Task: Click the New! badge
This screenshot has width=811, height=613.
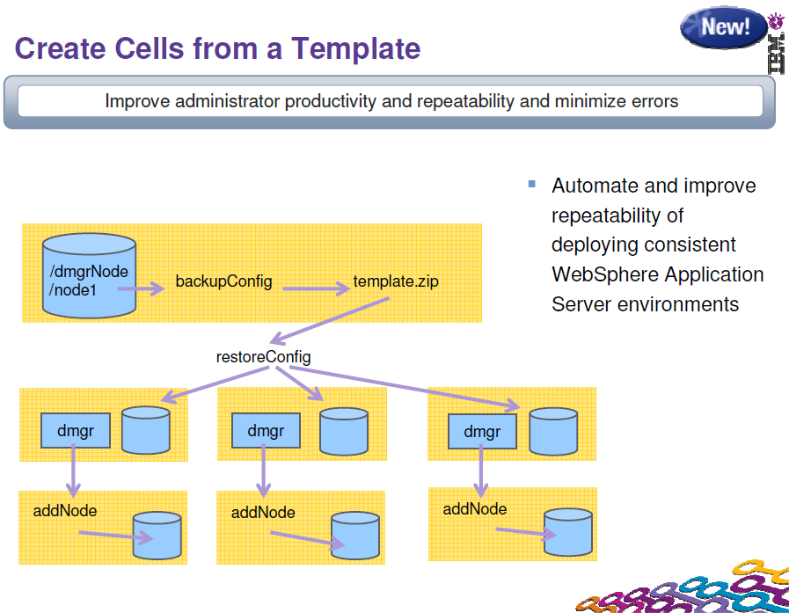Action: pos(723,27)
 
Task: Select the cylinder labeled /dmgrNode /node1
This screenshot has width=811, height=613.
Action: pos(88,274)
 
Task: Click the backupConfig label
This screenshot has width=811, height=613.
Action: pos(223,282)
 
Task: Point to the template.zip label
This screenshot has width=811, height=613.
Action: pos(396,282)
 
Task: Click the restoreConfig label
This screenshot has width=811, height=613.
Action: pos(263,357)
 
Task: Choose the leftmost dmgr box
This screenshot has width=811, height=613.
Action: pos(75,431)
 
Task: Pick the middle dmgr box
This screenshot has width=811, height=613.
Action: pos(266,431)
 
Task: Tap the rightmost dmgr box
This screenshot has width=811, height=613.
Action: pos(482,432)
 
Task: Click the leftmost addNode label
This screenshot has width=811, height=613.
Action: pos(65,510)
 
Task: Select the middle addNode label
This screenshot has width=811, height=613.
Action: pos(263,513)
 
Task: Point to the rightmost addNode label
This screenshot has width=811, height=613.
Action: pos(475,509)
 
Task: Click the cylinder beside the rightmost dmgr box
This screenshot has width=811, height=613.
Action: pos(554,431)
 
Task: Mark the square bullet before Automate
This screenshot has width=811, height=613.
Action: pos(531,184)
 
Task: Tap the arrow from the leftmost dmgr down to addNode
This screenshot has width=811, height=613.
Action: pos(74,471)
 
